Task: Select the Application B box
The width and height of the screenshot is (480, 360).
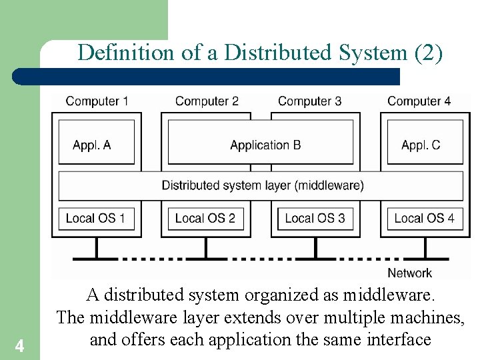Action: pos(265,145)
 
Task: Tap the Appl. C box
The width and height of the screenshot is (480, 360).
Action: pos(421,145)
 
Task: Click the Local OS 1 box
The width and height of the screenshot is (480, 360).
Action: pos(95,218)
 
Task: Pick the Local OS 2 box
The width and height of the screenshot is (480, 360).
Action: pos(205,218)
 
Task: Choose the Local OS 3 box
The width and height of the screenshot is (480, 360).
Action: pos(315,218)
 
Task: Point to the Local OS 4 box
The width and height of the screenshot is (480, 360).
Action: pos(424,218)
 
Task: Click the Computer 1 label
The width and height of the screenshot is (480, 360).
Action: pos(97,101)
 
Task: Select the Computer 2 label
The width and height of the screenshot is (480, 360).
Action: pos(207,101)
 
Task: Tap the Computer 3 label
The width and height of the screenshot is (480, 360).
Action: pos(309,101)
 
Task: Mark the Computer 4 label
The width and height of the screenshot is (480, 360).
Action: pos(419,101)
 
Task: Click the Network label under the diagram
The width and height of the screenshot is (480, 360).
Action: pos(409,273)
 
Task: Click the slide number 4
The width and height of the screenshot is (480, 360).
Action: pos(19,346)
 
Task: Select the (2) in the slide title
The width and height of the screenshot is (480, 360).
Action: pos(428,53)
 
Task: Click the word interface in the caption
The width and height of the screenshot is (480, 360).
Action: pos(399,339)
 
